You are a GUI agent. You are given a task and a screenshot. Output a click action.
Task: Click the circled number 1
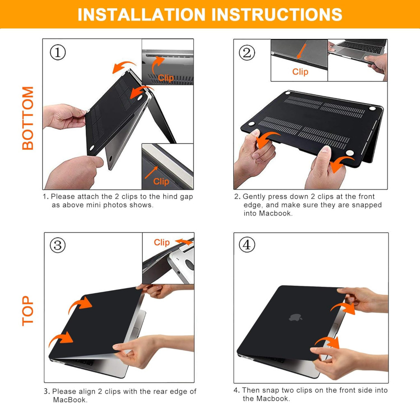click(x=58, y=52)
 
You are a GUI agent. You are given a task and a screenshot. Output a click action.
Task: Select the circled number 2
click(x=247, y=53)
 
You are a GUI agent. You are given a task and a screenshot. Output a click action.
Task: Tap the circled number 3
click(x=58, y=245)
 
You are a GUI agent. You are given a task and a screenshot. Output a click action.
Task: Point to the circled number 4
click(x=247, y=244)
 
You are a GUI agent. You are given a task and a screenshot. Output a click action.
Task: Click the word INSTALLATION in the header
click(x=142, y=14)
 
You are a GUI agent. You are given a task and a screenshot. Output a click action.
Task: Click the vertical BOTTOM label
click(x=28, y=118)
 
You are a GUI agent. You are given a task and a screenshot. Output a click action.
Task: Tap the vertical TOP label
click(x=28, y=311)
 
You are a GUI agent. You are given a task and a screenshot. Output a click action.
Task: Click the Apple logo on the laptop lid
click(x=295, y=318)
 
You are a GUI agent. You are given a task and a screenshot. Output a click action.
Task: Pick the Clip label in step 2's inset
click(x=300, y=71)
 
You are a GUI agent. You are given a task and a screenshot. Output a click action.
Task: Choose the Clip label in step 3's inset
click(x=162, y=242)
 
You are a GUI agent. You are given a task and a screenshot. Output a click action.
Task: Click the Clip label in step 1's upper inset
click(x=166, y=78)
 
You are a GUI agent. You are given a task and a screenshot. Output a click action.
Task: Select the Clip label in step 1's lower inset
click(x=161, y=181)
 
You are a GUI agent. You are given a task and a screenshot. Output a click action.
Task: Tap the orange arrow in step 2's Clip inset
click(x=301, y=51)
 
